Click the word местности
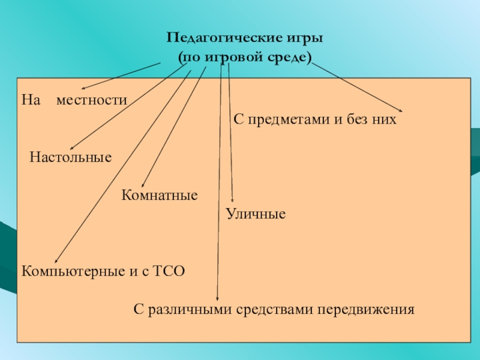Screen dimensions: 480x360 92,99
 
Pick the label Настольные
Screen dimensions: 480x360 71,158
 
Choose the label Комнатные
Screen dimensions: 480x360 160,195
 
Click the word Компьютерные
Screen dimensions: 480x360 73,271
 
